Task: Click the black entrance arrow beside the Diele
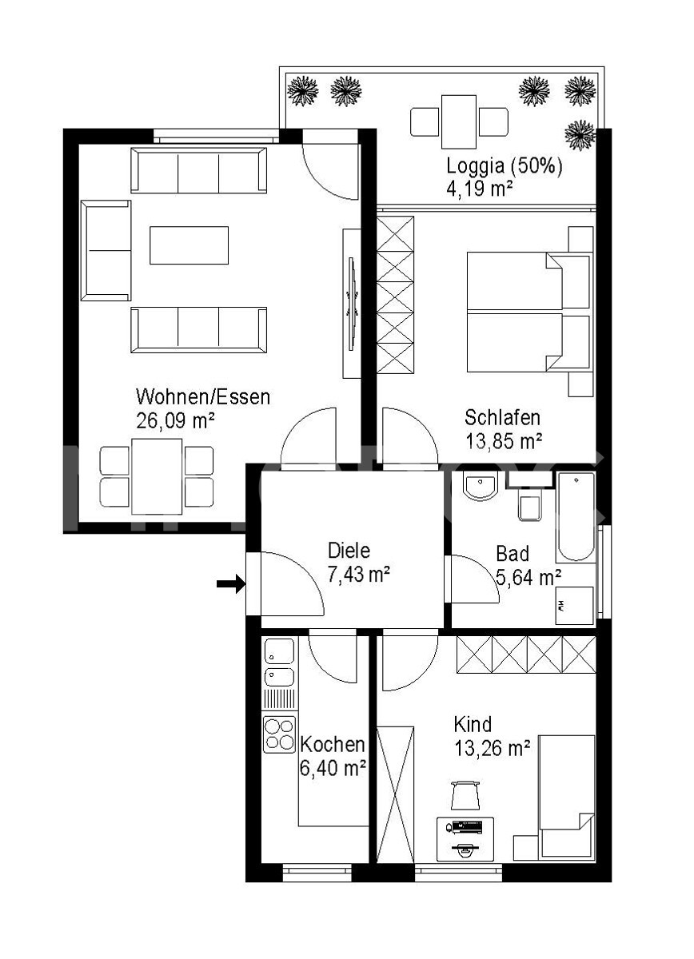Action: [230, 583]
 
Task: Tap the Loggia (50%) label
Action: [504, 165]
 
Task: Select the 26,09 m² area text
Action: [175, 420]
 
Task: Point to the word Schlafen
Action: [502, 417]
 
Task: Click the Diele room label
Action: [349, 551]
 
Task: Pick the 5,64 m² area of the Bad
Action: [528, 577]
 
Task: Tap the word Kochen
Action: [333, 745]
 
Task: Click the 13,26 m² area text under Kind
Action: [493, 748]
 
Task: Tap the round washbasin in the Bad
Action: [480, 486]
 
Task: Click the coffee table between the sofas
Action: [189, 245]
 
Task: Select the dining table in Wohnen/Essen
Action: [157, 476]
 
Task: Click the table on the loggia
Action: [459, 121]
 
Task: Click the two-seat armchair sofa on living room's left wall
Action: [106, 250]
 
